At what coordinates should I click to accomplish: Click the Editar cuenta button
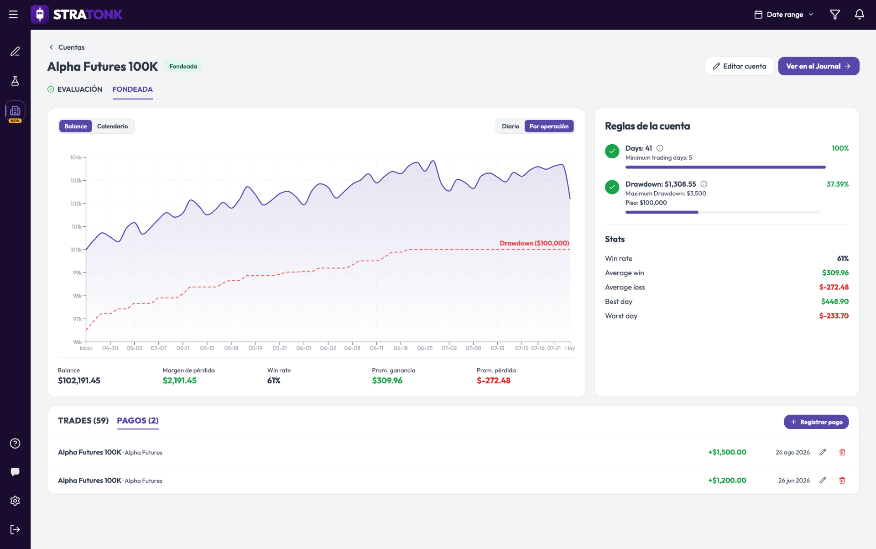[739, 66]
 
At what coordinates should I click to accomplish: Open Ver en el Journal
[819, 66]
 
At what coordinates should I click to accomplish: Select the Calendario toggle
[112, 126]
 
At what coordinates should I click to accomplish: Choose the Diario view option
[510, 126]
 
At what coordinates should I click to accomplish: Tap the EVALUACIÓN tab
[75, 89]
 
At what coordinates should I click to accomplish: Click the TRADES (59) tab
[83, 421]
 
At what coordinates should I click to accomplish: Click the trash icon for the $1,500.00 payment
[842, 452]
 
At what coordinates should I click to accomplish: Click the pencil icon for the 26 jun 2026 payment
[823, 481]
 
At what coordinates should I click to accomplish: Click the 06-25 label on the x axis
[425, 348]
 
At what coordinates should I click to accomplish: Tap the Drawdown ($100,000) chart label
[534, 243]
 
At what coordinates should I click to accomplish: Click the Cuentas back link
[67, 47]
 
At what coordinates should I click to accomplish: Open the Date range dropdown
[784, 15]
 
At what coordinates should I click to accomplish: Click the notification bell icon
[860, 15]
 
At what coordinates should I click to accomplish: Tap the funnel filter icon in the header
[835, 15]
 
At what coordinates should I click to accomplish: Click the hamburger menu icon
[14, 15]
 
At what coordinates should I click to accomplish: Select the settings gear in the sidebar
[15, 501]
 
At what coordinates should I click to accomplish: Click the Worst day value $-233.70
[834, 316]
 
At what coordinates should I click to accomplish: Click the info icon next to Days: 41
[660, 148]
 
